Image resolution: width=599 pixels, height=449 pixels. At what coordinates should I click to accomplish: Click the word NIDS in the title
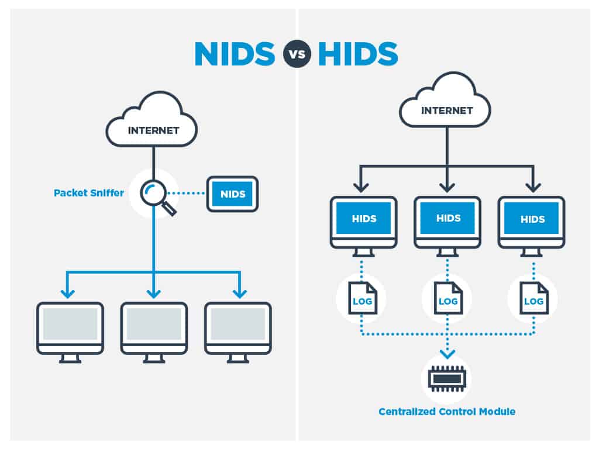click(234, 54)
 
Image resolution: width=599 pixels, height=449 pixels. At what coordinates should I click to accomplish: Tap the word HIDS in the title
click(358, 54)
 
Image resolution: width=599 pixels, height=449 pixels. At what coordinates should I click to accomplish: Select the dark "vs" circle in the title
click(297, 54)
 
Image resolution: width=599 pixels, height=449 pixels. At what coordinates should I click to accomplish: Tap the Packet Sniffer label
click(89, 192)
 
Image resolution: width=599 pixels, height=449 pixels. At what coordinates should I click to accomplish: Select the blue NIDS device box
click(232, 193)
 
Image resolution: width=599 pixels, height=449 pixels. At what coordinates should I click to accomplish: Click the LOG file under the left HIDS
click(362, 298)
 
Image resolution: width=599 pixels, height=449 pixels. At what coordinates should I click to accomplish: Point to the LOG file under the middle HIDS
click(447, 298)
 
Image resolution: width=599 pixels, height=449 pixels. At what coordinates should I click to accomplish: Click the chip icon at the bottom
click(446, 379)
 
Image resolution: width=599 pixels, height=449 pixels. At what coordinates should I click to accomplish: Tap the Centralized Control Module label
click(447, 412)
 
